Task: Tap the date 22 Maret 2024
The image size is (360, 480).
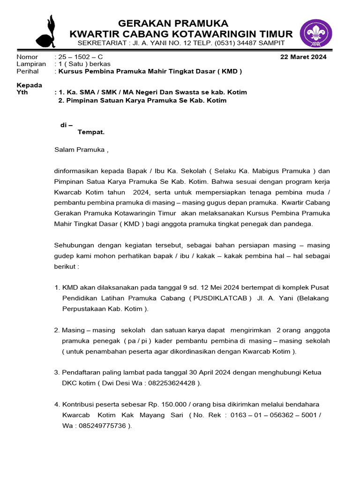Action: coord(303,57)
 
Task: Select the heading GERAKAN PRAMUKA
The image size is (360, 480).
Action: coord(173,23)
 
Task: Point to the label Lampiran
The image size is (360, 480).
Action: coord(31,64)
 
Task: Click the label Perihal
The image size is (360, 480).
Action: coord(28,71)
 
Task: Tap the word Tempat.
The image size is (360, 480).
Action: coord(90,132)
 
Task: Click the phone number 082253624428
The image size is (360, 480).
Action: coord(170,383)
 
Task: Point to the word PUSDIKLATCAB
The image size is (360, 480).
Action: coord(220,298)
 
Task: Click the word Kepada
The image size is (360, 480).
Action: coord(29,85)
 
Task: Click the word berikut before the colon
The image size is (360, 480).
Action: coord(64,266)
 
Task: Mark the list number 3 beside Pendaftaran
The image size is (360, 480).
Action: coord(56,373)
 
